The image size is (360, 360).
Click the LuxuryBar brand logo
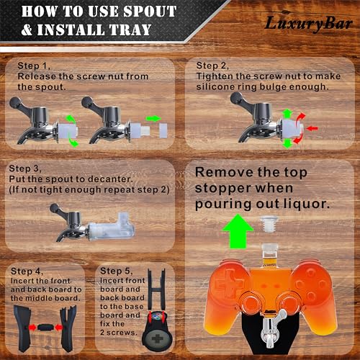tap(309, 22)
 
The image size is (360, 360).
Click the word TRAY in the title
tap(130, 30)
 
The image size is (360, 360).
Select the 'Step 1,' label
tap(34, 66)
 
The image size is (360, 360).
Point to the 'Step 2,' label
tap(212, 66)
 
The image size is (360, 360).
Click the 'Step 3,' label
tap(25, 168)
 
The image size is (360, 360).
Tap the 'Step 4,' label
tap(27, 271)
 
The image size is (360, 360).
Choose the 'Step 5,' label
tap(116, 271)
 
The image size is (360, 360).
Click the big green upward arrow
tap(238, 231)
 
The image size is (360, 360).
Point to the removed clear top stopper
tap(269, 224)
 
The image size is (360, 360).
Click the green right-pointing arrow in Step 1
tap(153, 118)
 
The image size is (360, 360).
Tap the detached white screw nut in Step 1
tap(163, 130)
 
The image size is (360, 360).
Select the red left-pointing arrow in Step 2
tap(312, 128)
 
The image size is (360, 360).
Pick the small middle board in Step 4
tap(45, 327)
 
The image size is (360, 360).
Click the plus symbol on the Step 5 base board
tap(158, 339)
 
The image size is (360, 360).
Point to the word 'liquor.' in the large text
tap(307, 204)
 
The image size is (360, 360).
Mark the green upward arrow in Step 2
tap(287, 113)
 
